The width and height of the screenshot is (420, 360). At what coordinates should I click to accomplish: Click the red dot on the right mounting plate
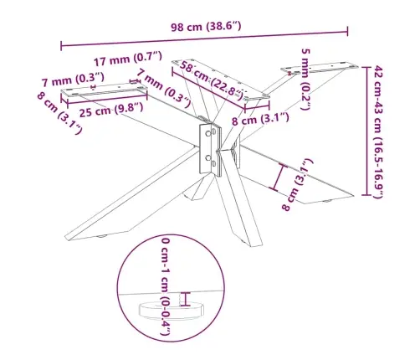[x=289, y=74]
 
